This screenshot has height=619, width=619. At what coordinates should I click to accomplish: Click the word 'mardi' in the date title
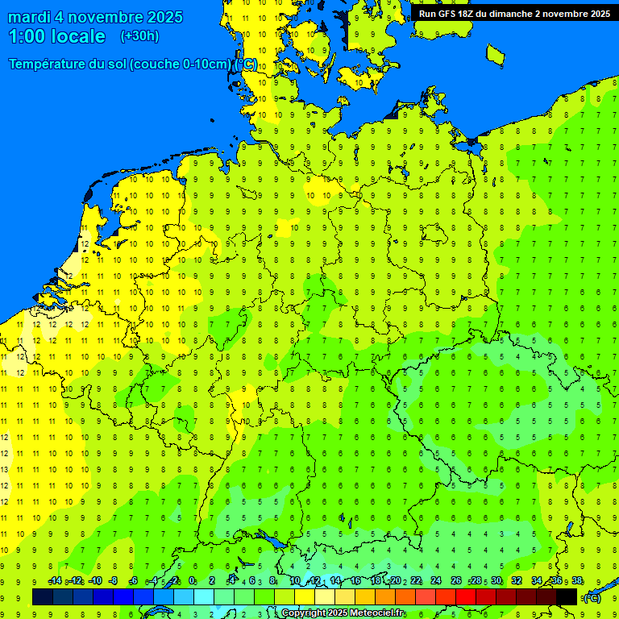pyautogui.click(x=31, y=17)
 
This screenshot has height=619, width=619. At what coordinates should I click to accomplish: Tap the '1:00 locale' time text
pyautogui.click(x=56, y=36)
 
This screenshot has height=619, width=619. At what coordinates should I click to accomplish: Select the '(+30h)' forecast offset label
pyautogui.click(x=139, y=36)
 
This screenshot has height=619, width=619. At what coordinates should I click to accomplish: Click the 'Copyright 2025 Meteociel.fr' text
pyautogui.click(x=343, y=613)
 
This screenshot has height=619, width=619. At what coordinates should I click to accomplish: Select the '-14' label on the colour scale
pyautogui.click(x=55, y=581)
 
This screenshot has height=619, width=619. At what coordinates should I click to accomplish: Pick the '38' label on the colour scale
pyautogui.click(x=577, y=581)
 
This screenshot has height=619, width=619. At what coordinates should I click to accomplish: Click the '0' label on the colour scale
pyautogui.click(x=192, y=581)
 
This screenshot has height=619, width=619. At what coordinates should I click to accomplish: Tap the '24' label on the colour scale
pyautogui.click(x=436, y=581)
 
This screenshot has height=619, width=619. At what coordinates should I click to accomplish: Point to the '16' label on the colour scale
pyautogui.click(x=355, y=581)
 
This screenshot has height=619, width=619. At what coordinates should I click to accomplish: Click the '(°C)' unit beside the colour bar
pyautogui.click(x=592, y=597)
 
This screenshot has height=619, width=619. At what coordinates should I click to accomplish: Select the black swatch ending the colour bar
pyautogui.click(x=567, y=596)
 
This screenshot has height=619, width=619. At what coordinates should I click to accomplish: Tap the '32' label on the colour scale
pyautogui.click(x=517, y=581)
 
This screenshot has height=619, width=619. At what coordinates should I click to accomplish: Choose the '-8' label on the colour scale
pyautogui.click(x=114, y=581)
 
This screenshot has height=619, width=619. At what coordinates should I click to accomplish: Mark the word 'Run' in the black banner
pyautogui.click(x=427, y=14)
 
